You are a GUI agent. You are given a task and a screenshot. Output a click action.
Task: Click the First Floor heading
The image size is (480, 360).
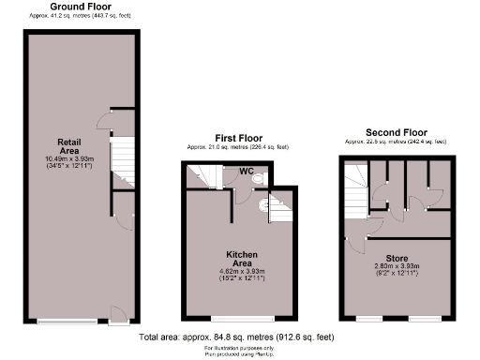pos(237,138)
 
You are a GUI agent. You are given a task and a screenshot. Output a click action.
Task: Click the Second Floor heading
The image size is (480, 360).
pos(395,132)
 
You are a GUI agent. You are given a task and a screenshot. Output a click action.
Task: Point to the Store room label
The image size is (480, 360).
pos(396,258)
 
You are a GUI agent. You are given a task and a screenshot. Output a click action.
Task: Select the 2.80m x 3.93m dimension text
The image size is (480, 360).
pos(396,268)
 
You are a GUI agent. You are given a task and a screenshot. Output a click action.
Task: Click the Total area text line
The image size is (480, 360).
pos(236,337)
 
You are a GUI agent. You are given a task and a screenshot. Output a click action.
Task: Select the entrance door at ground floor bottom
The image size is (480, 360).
pos(116,313)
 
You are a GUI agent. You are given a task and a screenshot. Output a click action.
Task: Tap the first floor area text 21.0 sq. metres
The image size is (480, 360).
pos(237,147)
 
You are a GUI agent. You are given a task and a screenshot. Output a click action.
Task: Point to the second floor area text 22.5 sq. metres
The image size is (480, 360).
pos(395,142)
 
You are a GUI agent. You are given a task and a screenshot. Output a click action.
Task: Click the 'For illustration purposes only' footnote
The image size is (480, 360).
pos(236,349)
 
